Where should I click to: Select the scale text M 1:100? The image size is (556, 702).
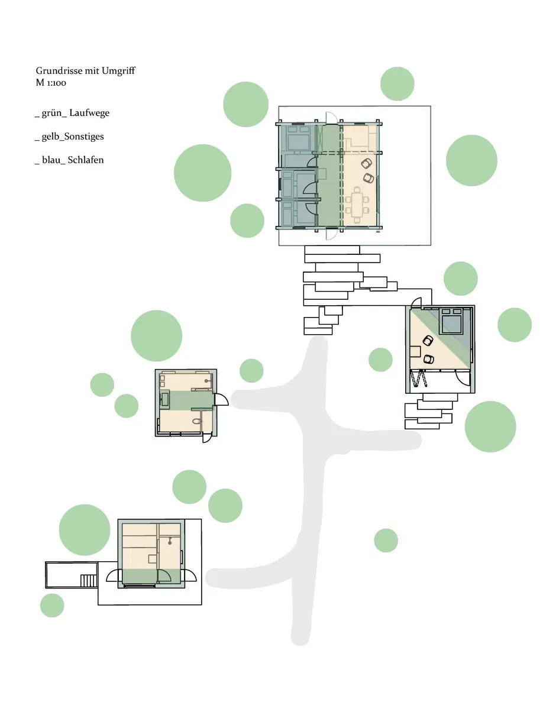tap(51, 83)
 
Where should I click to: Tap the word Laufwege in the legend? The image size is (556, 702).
tap(89, 113)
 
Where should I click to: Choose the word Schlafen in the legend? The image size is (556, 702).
tap(86, 160)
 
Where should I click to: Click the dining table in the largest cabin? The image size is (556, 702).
tap(357, 205)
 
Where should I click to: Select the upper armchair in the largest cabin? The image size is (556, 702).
tap(367, 164)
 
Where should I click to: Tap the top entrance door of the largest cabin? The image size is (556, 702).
tap(331, 118)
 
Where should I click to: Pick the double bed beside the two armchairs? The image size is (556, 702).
tap(451, 322)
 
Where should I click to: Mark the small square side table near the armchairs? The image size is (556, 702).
tap(415, 351)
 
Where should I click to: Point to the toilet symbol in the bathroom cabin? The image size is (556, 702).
tap(196, 421)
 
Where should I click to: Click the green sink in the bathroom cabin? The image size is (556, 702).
tap(165, 400)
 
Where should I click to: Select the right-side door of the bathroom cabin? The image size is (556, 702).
tap(221, 399)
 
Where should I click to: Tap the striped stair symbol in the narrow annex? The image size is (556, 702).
tap(89, 581)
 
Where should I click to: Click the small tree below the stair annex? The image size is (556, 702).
tap(53, 605)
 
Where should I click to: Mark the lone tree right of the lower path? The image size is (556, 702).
tap(386, 541)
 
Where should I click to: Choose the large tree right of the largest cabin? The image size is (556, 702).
tap(471, 160)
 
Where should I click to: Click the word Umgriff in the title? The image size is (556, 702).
tap(118, 71)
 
